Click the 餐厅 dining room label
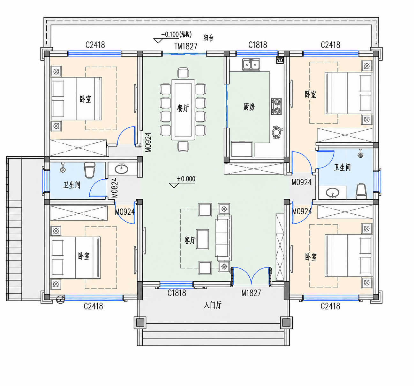pos(183,108)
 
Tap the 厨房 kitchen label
pos(249,107)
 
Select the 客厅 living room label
pos(190,240)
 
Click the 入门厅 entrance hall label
pos(212,305)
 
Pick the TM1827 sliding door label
pos(186,46)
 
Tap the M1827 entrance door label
pos(251,293)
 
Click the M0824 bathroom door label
pos(115,188)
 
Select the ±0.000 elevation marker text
pos(186,179)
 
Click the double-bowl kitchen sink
pos(251,64)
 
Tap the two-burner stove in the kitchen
pos(276,106)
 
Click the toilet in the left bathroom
pos(90,170)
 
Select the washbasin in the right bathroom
pos(333,192)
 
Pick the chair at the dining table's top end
pos(183,72)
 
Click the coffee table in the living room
pos(203,239)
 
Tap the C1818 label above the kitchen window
pos(258,45)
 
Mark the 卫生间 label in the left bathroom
pos(72,185)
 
